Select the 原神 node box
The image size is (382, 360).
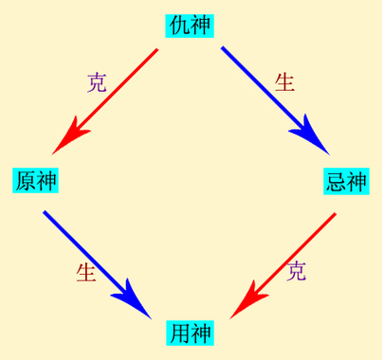coord(36,180)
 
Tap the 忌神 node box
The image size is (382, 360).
coord(345,181)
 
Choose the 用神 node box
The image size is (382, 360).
coord(191,333)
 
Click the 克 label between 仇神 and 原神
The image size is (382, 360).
coord(97,82)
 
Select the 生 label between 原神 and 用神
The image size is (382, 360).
coord(86,273)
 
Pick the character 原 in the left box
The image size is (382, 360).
coord(26,180)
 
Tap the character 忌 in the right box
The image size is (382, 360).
coord(335,181)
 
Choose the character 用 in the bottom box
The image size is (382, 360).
coord(180,333)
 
